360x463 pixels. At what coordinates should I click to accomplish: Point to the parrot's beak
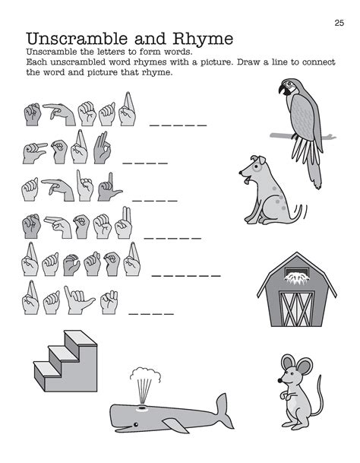point(284,90)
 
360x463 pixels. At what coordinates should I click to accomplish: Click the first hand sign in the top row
point(31,116)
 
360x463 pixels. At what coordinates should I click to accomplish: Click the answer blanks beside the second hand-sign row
point(145,162)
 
